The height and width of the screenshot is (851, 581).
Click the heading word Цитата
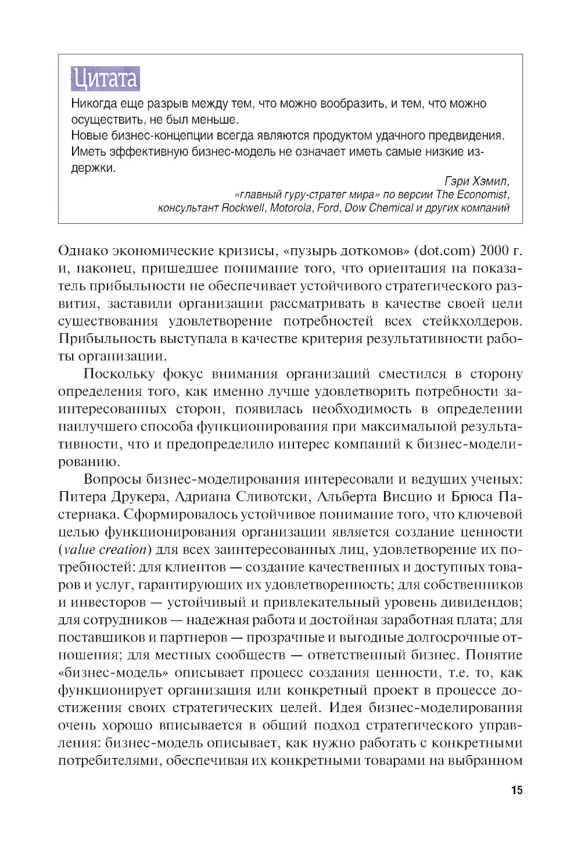coord(105,79)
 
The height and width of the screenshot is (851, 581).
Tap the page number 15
coord(517,790)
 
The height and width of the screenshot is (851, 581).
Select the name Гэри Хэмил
coord(476,181)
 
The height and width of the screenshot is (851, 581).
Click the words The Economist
coord(472,195)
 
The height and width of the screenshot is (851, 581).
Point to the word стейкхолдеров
coord(472,321)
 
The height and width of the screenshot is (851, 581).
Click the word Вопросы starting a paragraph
coord(113,480)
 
